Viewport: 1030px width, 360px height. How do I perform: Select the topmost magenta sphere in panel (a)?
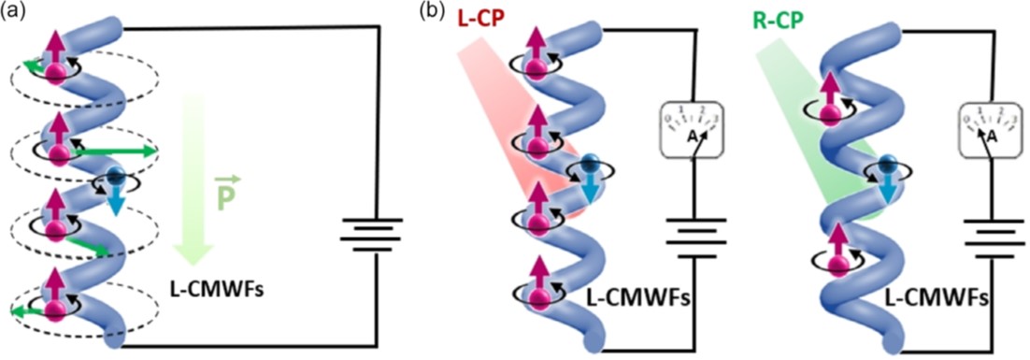[x=57, y=74]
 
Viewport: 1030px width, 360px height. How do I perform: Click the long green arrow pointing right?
[x=117, y=151]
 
